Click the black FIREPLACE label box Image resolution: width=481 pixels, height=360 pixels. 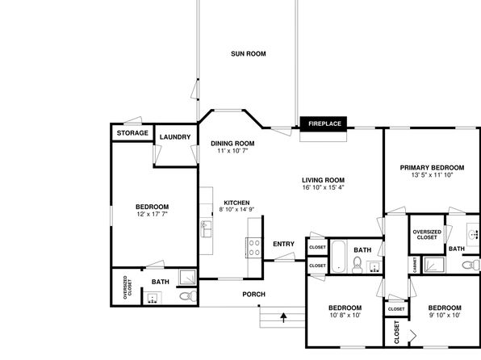324,123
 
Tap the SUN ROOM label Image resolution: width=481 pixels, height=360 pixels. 249,54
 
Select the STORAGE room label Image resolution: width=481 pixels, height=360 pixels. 132,133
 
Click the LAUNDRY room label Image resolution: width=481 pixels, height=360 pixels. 175,137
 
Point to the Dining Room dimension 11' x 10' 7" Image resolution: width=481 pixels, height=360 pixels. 232,151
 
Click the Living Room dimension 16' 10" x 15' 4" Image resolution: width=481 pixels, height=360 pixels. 324,187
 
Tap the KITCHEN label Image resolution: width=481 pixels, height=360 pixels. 236,203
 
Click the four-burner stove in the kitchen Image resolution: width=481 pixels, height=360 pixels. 254,248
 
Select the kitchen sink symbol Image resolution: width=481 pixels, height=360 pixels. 206,228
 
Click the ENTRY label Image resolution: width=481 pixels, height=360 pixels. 284,244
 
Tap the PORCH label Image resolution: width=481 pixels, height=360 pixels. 253,295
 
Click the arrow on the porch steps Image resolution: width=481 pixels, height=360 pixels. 283,317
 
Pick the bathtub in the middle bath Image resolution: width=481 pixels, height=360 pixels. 338,257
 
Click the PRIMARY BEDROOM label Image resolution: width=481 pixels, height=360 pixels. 432,168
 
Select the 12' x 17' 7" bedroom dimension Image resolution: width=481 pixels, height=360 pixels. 153,214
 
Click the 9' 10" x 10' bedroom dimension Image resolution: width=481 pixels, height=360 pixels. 445,315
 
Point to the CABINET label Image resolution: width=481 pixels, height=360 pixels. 415,265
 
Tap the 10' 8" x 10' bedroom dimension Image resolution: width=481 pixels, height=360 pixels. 345,315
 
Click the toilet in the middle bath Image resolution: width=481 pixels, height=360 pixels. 357,265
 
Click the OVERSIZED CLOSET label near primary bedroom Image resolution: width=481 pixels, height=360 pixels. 427,235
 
